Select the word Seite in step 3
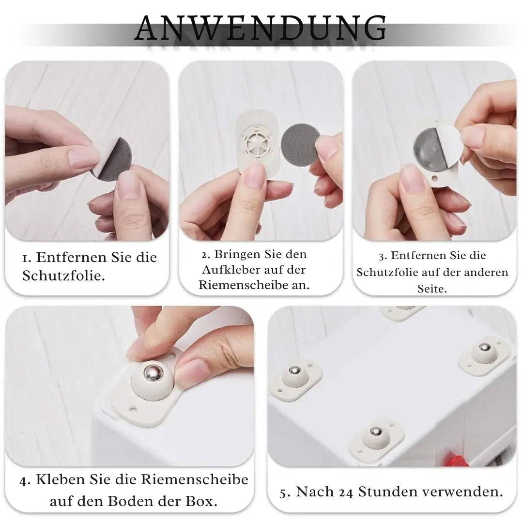click(431, 289)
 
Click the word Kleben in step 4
click(60, 479)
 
